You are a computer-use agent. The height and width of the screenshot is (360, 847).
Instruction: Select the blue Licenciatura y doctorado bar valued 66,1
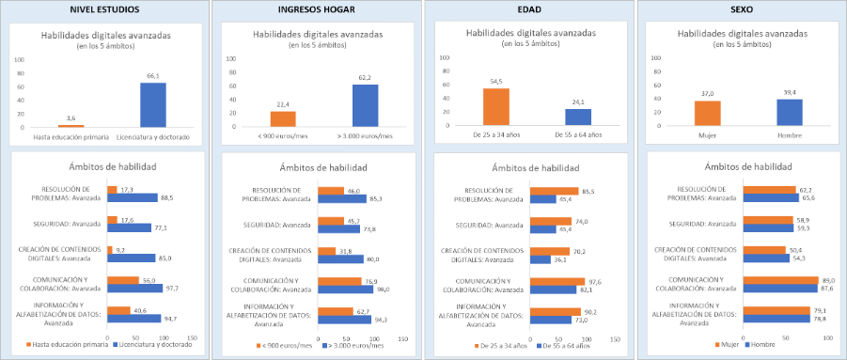(x=153, y=104)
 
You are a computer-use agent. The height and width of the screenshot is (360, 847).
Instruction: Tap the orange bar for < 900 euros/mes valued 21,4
(x=282, y=118)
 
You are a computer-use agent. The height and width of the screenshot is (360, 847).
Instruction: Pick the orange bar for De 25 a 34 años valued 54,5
(x=495, y=106)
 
